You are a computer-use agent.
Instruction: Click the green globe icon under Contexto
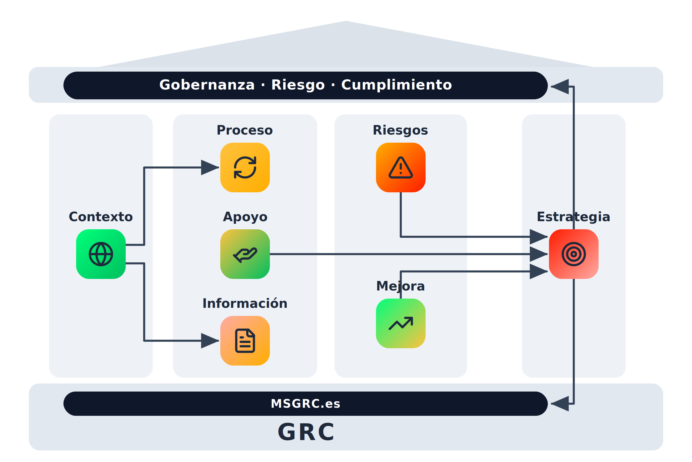point(101,254)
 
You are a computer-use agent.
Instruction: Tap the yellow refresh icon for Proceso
point(245,167)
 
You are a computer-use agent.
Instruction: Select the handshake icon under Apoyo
point(245,254)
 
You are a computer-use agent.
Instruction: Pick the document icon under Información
point(245,341)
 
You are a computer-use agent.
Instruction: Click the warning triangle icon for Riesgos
point(401,167)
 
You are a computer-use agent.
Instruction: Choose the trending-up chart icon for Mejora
point(401,323)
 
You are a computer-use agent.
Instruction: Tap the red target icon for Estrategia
point(574,254)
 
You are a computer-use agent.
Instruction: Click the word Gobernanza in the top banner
point(207,85)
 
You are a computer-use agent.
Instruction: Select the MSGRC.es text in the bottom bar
point(305,404)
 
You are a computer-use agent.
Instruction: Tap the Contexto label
point(101,217)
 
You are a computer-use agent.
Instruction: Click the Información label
point(245,303)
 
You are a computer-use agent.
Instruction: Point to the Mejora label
point(401,286)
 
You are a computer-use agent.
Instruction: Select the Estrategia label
point(574,217)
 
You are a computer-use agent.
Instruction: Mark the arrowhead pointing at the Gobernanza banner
point(560,87)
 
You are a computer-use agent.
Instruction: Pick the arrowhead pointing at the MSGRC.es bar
point(560,404)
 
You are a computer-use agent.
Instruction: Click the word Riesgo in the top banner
point(298,85)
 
